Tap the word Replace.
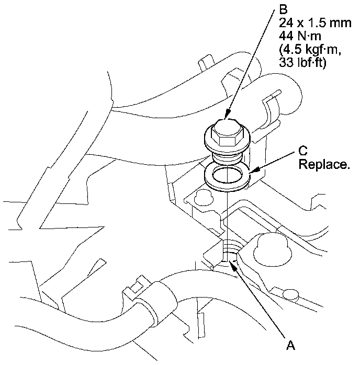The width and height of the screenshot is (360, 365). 323,165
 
